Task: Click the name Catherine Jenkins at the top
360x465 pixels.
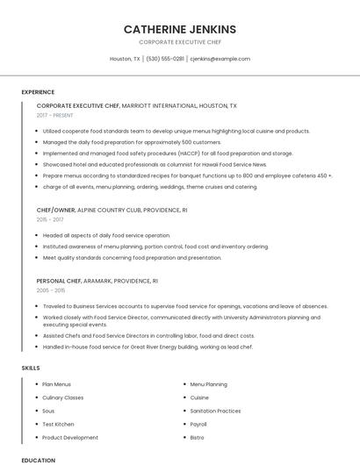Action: pos(179,29)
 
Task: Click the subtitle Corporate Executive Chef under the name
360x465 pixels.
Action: pos(179,42)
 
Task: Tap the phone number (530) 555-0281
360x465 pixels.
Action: pos(165,59)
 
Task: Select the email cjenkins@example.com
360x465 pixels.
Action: pos(220,59)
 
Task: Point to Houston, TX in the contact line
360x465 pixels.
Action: pos(125,59)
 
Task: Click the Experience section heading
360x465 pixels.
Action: pos(38,91)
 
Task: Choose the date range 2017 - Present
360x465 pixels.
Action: pos(54,115)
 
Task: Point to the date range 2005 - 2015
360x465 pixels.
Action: pos(51,290)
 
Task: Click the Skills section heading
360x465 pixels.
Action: pos(30,368)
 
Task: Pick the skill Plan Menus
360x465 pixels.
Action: pos(56,384)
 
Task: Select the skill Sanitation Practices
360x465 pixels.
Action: pos(215,411)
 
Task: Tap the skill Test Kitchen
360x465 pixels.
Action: pos(58,424)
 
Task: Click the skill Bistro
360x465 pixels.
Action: pos(197,437)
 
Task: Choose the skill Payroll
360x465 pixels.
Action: pos(198,424)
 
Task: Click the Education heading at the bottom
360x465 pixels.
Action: pos(38,460)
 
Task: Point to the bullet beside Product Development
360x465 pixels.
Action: pos(37,437)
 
